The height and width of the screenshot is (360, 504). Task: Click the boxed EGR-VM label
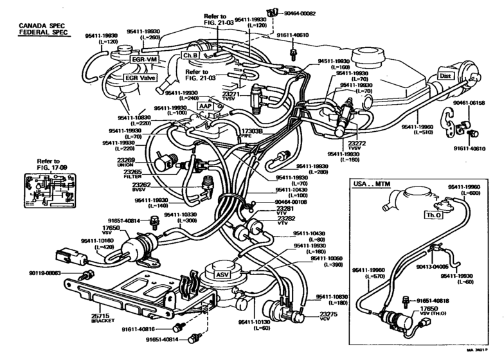pos(144,60)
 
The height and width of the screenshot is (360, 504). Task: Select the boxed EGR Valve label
pos(140,78)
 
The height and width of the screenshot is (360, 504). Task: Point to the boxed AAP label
pos(204,105)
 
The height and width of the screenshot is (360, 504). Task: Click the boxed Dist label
pos(446,74)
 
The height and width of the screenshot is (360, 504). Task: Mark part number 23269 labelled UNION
pos(125,160)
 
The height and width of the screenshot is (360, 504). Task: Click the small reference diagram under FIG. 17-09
pos(46,192)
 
